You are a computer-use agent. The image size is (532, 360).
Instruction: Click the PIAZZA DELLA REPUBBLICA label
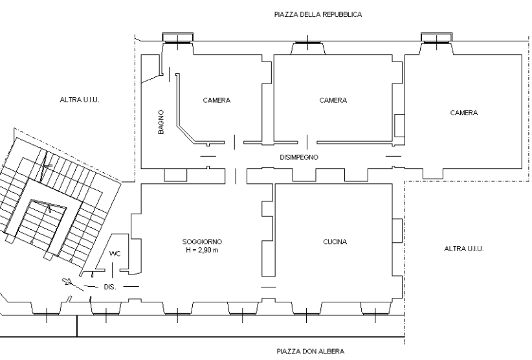click(318, 15)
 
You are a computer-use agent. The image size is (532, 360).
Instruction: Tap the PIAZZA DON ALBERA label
click(311, 351)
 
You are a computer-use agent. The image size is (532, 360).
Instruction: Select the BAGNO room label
click(161, 122)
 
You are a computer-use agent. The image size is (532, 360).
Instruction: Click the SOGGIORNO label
click(202, 242)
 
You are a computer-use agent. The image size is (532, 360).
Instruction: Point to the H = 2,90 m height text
click(202, 251)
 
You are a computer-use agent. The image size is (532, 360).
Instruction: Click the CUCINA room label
click(335, 242)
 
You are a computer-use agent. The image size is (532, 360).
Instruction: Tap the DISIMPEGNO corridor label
click(299, 157)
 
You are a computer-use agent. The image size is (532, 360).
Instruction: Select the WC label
click(115, 254)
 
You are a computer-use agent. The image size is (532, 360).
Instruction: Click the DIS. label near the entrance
click(110, 287)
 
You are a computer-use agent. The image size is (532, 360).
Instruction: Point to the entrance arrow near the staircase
click(67, 281)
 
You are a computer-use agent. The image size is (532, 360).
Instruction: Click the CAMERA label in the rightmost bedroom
click(464, 113)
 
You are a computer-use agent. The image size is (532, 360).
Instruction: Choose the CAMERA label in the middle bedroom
click(333, 100)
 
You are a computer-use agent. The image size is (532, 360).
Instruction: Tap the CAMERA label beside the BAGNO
click(216, 100)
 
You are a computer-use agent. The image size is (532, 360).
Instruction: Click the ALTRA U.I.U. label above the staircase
click(80, 100)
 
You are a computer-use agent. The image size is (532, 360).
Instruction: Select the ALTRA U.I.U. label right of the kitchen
click(464, 249)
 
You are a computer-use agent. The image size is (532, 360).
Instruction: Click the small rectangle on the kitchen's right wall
click(397, 231)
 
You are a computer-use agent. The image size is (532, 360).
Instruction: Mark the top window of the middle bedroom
click(307, 43)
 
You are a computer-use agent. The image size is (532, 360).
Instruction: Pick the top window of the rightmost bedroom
click(437, 38)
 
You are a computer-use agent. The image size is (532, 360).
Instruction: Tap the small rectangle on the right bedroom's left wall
click(399, 126)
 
